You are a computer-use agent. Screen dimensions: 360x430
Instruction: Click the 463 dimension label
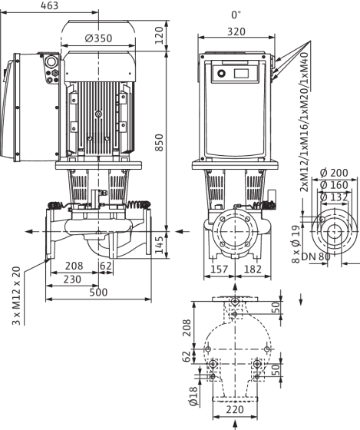pos(49,5)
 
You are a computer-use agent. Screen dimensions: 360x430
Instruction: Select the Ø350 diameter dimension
pos(98,38)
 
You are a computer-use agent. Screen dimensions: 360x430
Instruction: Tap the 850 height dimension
pos(159,142)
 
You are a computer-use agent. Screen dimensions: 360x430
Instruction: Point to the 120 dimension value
pos(159,35)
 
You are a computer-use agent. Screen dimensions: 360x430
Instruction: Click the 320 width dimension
pos(236,31)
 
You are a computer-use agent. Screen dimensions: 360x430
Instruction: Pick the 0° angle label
pos(236,15)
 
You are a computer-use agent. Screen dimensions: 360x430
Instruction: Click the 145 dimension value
pos(159,245)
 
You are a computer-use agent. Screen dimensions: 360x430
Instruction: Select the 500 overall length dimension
pos(98,293)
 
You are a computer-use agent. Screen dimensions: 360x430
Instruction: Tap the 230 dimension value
pos(72,279)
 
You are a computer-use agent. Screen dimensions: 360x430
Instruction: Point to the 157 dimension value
pos(220,270)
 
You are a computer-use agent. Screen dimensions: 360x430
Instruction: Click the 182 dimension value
pos(253,270)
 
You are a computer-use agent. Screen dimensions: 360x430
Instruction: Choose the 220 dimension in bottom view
pos(235,410)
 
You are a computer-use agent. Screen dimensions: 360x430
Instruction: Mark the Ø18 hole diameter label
pos(193,396)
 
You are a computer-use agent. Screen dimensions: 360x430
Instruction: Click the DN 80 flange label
pos(315,256)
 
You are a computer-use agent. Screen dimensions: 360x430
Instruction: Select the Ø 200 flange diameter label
pos(334,173)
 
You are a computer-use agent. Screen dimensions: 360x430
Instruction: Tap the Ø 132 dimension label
pos(334,197)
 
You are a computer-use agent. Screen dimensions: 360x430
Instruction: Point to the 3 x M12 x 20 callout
pos(16,296)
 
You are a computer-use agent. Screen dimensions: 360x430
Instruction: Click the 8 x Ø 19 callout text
pos(296,244)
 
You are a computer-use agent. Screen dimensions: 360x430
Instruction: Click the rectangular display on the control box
pos(241,74)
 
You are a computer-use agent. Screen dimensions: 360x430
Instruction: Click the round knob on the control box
pos(221,74)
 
